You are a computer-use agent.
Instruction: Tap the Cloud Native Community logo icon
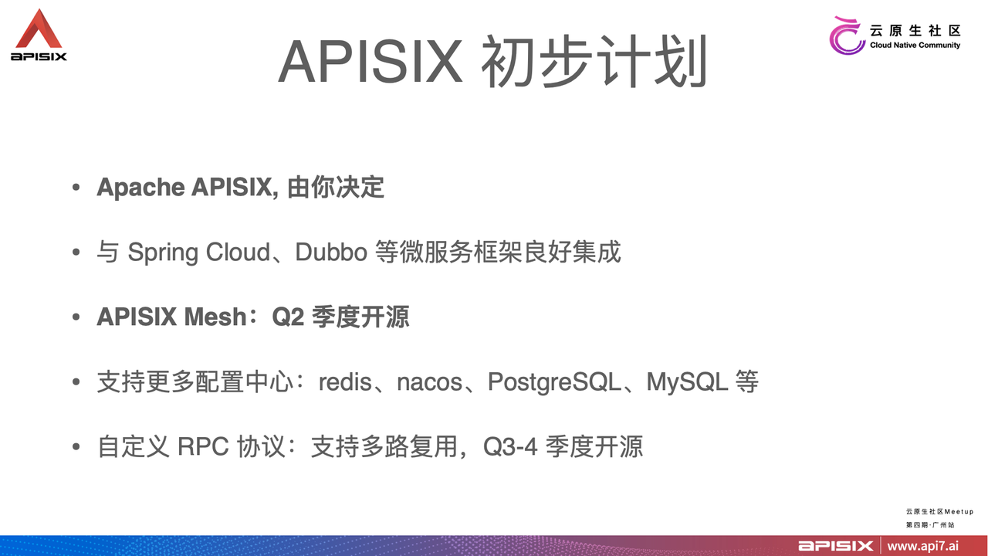847,36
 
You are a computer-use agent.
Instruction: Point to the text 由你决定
336,188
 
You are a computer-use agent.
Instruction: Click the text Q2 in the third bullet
289,317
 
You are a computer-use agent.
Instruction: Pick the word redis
345,382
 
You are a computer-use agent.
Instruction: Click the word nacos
429,382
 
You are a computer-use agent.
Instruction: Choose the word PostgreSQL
553,382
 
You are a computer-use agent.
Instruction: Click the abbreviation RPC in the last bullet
204,447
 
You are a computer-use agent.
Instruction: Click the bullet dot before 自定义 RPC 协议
75,448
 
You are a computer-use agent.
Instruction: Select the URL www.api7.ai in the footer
923,546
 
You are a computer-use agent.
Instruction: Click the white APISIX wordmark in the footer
836,546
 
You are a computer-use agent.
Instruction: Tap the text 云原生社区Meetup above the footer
939,511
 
